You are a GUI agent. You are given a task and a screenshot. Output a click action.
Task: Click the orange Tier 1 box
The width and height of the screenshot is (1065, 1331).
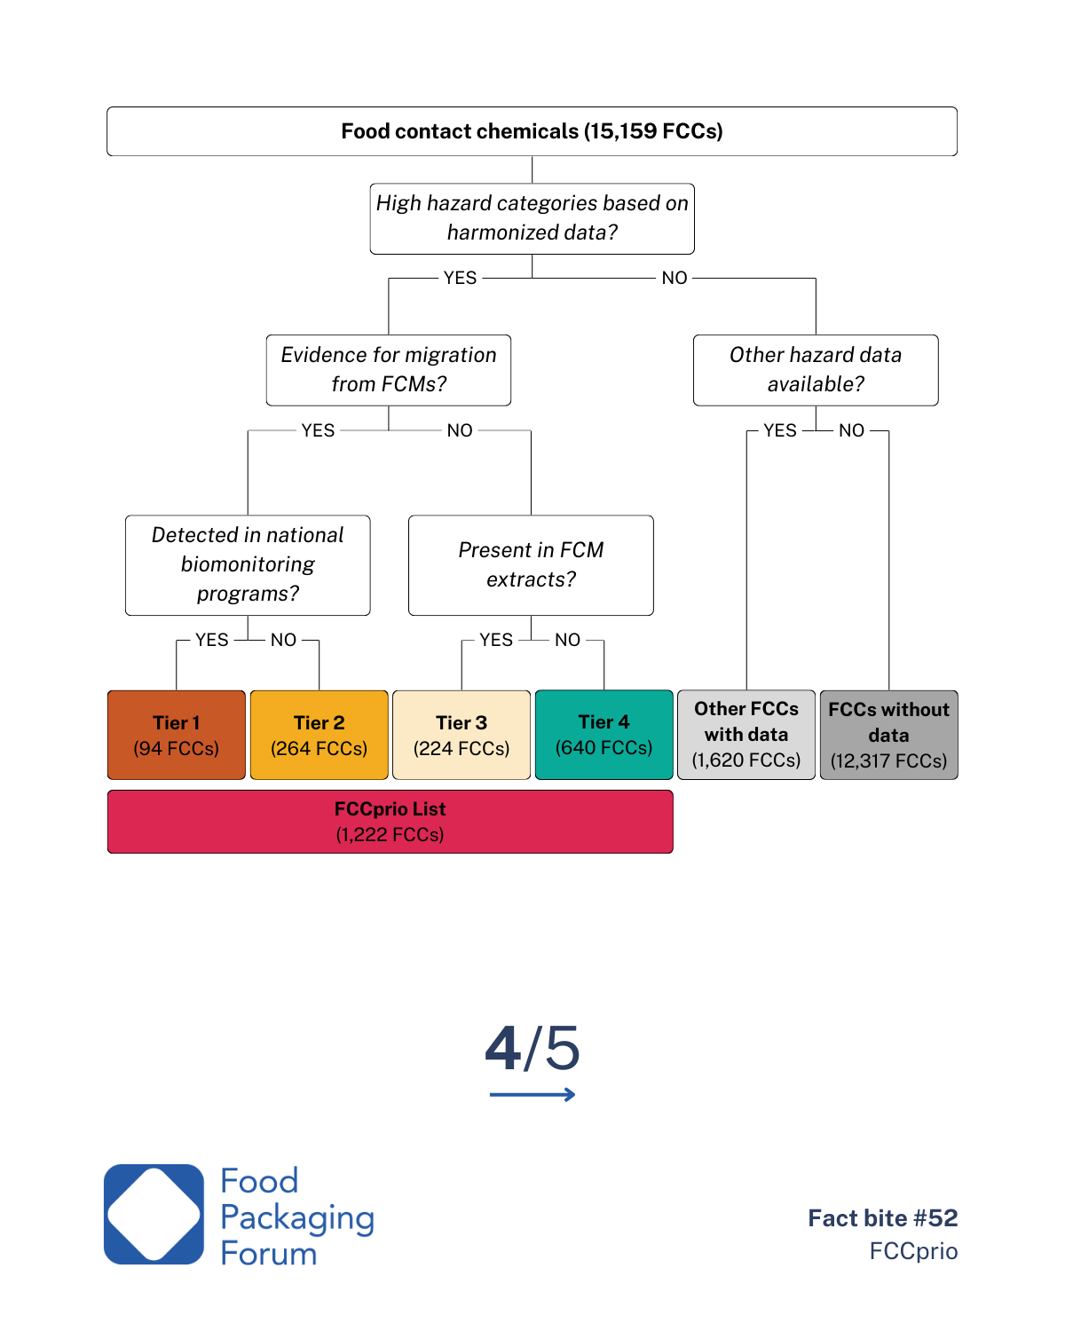click(x=177, y=735)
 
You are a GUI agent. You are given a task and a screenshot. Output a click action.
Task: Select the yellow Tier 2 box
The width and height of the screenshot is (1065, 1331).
click(x=319, y=735)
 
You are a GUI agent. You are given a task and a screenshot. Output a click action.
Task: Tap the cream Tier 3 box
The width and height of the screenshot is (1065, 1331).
click(x=461, y=735)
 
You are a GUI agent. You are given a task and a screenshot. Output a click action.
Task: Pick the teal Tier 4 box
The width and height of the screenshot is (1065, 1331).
click(x=604, y=735)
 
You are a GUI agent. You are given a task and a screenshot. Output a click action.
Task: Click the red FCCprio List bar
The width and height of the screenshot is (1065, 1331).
click(x=390, y=822)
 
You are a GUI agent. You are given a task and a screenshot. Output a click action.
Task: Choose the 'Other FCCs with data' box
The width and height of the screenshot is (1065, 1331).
click(x=746, y=735)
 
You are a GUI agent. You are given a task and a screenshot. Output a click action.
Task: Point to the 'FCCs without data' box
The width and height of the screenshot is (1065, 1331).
click(x=888, y=735)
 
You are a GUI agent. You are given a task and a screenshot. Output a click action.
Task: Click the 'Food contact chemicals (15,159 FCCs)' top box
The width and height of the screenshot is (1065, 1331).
click(x=532, y=131)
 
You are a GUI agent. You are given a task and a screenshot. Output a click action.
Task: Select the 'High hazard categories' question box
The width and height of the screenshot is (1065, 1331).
click(x=532, y=218)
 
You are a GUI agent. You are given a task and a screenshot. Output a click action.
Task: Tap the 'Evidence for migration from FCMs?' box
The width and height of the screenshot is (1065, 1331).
click(x=389, y=370)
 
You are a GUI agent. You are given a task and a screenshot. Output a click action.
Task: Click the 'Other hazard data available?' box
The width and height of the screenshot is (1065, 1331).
click(x=816, y=370)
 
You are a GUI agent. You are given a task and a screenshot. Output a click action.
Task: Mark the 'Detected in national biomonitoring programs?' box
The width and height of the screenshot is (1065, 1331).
click(x=248, y=564)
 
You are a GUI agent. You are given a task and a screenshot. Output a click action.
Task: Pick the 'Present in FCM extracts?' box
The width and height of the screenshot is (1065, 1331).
click(x=531, y=564)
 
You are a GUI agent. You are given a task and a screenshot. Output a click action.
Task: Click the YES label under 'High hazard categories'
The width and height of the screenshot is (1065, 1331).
click(x=460, y=278)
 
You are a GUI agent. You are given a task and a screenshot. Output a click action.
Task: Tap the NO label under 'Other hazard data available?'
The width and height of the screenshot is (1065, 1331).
click(x=851, y=430)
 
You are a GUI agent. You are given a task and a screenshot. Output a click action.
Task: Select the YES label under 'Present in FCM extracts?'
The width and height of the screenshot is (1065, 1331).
click(x=496, y=640)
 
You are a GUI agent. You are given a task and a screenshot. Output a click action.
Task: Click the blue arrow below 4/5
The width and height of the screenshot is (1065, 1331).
click(x=532, y=1095)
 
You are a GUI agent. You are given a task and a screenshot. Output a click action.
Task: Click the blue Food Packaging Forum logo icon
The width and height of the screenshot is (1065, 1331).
click(x=154, y=1214)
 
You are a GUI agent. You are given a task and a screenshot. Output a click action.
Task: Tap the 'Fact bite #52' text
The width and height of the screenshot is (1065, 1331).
click(x=883, y=1217)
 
